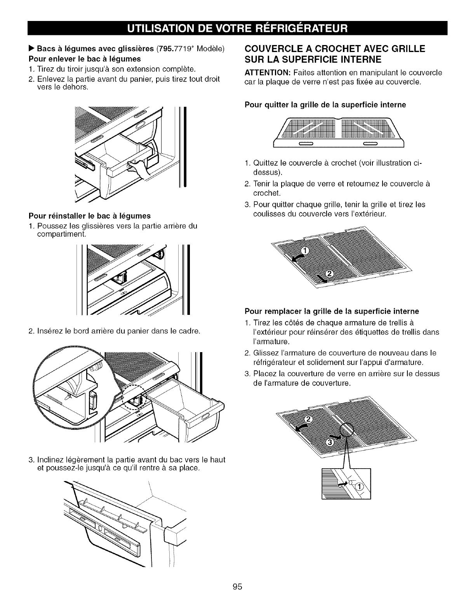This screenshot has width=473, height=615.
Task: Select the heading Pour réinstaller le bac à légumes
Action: [x=89, y=215]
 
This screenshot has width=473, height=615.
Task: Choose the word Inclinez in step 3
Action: [x=51, y=460]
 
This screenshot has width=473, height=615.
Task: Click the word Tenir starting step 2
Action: [x=261, y=183]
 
